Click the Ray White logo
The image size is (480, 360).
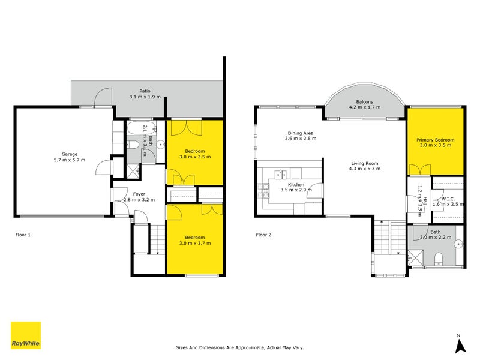[x=26, y=335]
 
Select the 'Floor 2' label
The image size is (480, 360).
[x=264, y=235]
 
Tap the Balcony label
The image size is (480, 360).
[x=365, y=102]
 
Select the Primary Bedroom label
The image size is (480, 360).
[x=435, y=140]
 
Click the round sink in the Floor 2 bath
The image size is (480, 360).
[x=459, y=244]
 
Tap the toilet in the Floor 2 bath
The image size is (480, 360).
[x=439, y=259]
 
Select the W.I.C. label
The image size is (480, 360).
[x=447, y=198]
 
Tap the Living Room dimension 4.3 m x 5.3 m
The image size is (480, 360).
[x=364, y=169]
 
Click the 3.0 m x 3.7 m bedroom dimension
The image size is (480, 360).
[x=195, y=244]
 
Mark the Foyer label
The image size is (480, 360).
[x=139, y=193]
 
